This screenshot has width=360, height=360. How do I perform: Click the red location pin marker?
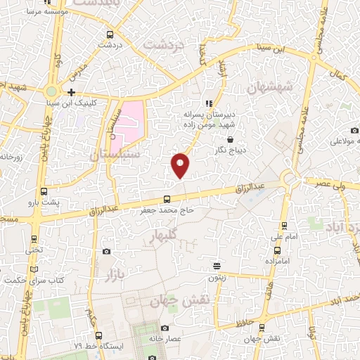pyautogui.click(x=181, y=165)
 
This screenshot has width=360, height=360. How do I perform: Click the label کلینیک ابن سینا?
pyautogui.click(x=93, y=103)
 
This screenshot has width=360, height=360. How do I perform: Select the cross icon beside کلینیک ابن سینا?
pyautogui.click(x=71, y=92)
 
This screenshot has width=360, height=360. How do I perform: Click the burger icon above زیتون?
pyautogui.click(x=217, y=266)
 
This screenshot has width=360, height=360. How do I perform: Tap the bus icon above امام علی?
pyautogui.click(x=284, y=225)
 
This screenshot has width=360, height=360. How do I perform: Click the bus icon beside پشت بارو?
pyautogui.click(x=44, y=192)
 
